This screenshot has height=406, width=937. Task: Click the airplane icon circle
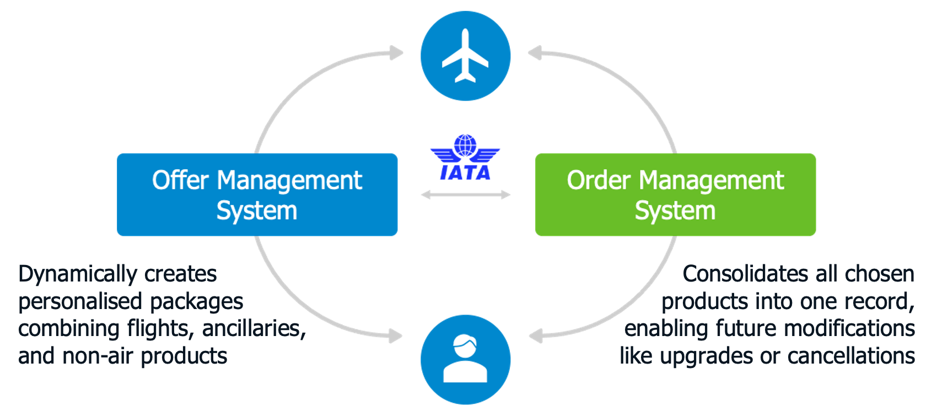pyautogui.click(x=465, y=56)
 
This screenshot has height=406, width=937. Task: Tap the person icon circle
pyautogui.click(x=465, y=359)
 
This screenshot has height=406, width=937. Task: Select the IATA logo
pyautogui.click(x=465, y=158)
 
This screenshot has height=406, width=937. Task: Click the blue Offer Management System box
pyautogui.click(x=257, y=194)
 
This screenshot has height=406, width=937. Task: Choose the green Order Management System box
pyautogui.click(x=675, y=194)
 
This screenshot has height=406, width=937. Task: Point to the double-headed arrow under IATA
pyautogui.click(x=465, y=194)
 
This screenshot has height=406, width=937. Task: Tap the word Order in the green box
pyautogui.click(x=599, y=180)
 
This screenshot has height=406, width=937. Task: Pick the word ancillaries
pyautogui.click(x=254, y=328)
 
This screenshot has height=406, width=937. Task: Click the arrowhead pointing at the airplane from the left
pyautogui.click(x=397, y=53)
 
